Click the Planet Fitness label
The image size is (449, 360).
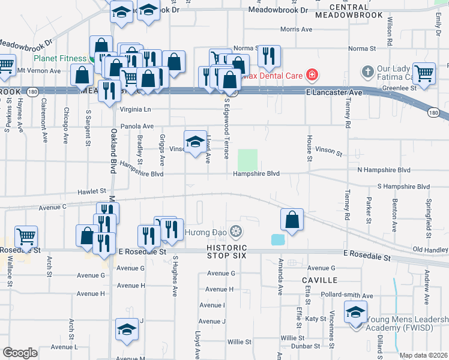point(60,59)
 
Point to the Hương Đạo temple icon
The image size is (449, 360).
point(237,232)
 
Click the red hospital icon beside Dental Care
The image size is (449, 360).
point(311,76)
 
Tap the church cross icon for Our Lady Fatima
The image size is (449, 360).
point(368,72)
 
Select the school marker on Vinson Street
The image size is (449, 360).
point(195,143)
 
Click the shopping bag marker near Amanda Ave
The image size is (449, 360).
point(291,220)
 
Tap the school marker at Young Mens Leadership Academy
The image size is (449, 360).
point(355,313)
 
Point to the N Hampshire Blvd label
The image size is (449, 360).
point(384,170)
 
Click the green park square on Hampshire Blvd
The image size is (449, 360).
point(247,160)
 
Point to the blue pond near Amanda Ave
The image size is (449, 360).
point(278,239)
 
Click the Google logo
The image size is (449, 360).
point(20,353)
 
